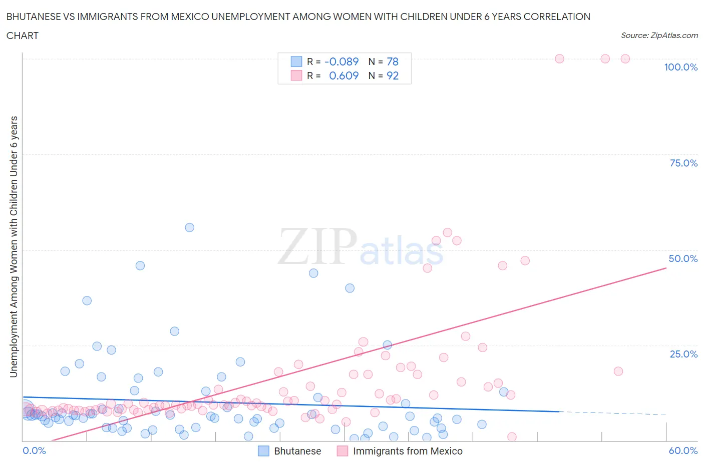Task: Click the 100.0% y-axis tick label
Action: tap(680, 67)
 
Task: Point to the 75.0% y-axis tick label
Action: tap(683, 163)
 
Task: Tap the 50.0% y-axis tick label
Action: tap(683, 259)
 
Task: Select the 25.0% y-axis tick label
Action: tap(683, 354)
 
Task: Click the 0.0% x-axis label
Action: tap(34, 451)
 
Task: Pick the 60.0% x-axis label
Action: tap(683, 451)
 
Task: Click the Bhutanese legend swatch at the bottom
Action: tap(263, 451)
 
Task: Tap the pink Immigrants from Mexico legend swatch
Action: tap(342, 451)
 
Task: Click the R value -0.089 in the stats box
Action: tap(341, 62)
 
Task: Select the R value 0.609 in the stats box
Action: tap(343, 76)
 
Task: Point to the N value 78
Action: tap(393, 62)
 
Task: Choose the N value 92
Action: tap(393, 76)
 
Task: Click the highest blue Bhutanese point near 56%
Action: tap(189, 227)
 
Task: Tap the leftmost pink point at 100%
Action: tap(559, 59)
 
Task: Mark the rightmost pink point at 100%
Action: tap(625, 59)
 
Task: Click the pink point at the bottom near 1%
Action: tap(512, 437)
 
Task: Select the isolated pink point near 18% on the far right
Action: tap(618, 371)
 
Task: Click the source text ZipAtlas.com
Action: tap(659, 35)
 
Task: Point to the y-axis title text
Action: tap(14, 247)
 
